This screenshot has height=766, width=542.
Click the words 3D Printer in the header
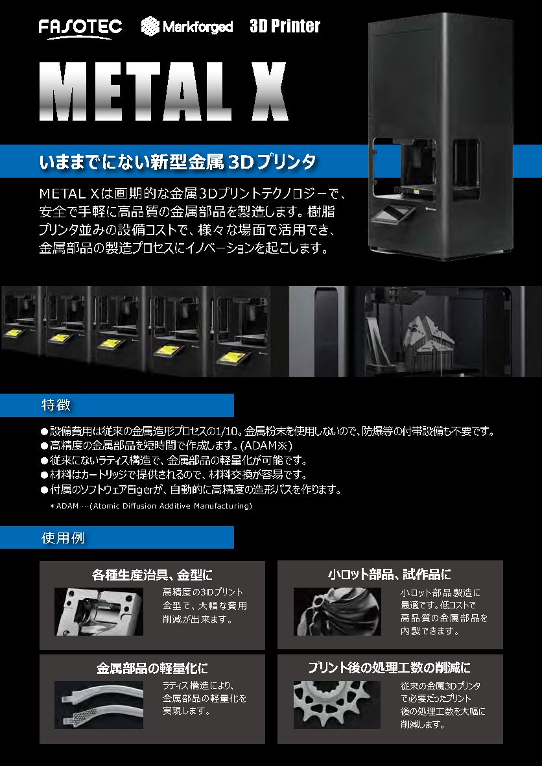click(285, 26)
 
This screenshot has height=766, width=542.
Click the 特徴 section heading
click(56, 405)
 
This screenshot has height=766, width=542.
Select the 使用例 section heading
click(62, 538)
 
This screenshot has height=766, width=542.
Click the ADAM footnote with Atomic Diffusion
click(150, 506)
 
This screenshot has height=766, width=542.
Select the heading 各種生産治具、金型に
click(152, 574)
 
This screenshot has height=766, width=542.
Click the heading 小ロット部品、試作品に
click(389, 574)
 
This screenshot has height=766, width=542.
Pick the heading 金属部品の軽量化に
click(152, 667)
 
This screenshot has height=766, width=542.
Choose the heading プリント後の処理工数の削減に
click(389, 667)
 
